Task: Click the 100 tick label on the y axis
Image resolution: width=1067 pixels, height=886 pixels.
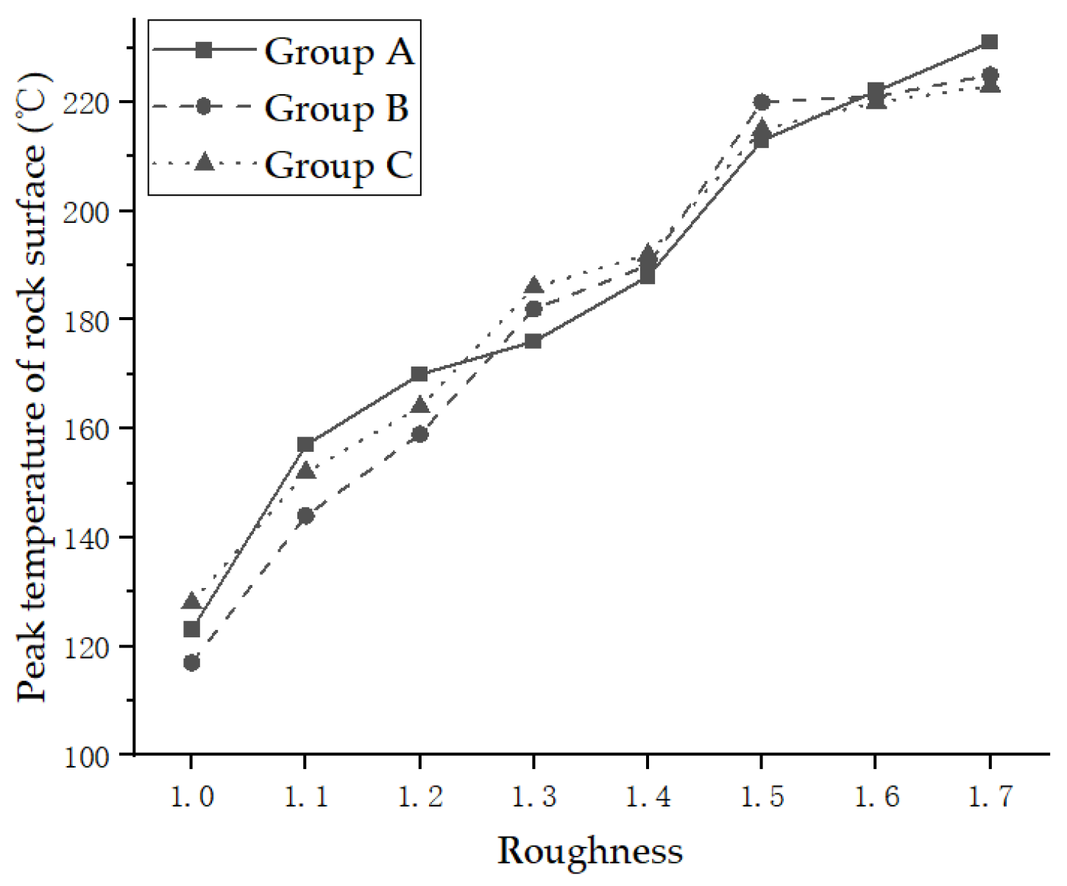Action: [x=87, y=756]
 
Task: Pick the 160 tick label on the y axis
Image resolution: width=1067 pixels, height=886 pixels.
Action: [x=87, y=429]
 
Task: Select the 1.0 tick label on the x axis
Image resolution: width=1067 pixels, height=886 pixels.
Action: [x=191, y=796]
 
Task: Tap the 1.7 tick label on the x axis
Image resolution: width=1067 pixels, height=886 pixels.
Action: [x=990, y=796]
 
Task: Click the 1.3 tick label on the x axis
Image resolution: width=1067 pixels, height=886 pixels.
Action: [x=533, y=796]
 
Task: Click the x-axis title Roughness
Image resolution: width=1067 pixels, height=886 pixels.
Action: [x=590, y=851]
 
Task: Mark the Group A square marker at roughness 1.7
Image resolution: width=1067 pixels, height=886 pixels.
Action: [x=990, y=42]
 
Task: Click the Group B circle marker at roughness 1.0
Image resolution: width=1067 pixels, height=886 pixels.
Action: [x=191, y=663]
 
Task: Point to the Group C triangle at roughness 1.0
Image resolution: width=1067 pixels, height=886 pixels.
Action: [x=191, y=601]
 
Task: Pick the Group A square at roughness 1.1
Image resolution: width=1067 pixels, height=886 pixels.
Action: [x=305, y=444]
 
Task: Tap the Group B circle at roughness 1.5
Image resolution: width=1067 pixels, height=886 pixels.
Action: [x=762, y=102]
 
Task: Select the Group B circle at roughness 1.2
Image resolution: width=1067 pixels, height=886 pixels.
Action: [x=419, y=434]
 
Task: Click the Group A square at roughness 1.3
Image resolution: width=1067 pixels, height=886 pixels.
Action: [x=533, y=341]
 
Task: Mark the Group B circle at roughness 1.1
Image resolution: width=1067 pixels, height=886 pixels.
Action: [x=305, y=516]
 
